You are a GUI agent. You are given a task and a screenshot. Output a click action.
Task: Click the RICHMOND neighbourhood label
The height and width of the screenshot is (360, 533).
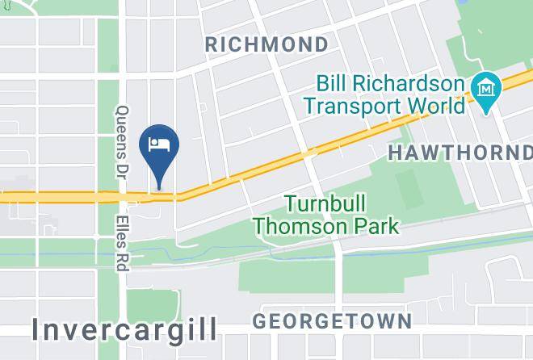tap(266, 44)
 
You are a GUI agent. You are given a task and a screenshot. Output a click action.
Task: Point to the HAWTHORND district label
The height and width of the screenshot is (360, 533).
tap(460, 152)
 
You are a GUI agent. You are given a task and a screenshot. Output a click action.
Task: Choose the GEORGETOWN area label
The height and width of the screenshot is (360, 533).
tap(332, 320)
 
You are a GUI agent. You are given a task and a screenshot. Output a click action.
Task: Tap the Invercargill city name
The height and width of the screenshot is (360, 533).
tap(125, 329)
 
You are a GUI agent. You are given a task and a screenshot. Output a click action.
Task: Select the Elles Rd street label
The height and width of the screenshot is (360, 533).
tap(124, 239)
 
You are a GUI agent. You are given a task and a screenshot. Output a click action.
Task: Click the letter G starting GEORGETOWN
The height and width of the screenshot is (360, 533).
tap(260, 320)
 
